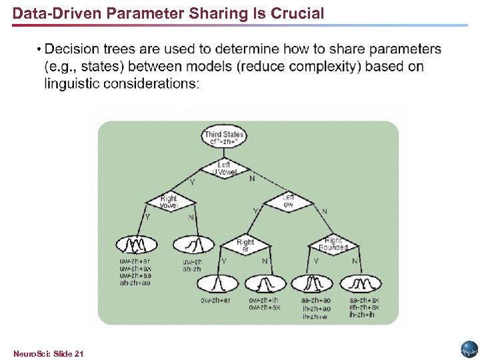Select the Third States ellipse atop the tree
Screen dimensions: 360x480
[224, 138]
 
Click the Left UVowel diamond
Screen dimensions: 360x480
[224, 169]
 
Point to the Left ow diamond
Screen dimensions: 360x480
[287, 201]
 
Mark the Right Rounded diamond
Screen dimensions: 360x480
[333, 245]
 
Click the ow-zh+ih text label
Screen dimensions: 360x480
[265, 300]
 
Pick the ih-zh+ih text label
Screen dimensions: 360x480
[362, 315]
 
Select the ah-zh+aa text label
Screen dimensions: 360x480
[135, 283]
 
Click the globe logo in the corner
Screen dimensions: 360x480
[469, 349]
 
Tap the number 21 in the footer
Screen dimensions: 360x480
[79, 353]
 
